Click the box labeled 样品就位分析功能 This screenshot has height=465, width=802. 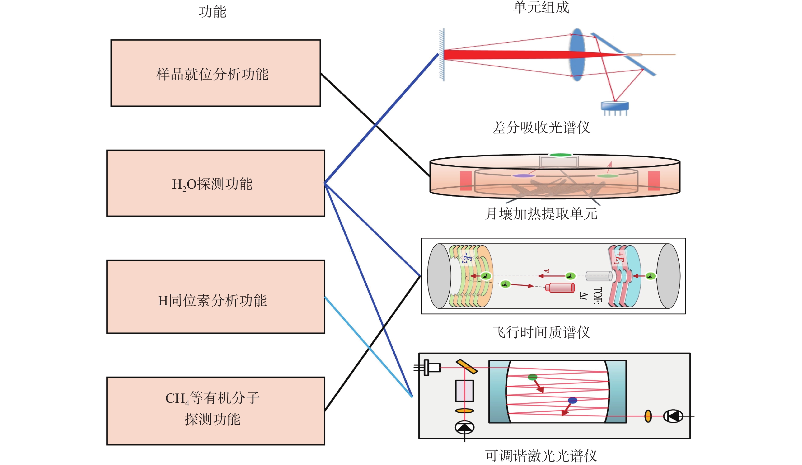pos(215,73)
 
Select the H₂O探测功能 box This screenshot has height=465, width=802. pos(215,183)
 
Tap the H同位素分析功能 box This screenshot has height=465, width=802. pos(215,300)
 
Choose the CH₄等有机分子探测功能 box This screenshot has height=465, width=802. pos(215,411)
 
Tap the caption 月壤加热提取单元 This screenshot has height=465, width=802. pos(541,214)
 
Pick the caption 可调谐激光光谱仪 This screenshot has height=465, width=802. pos(541,455)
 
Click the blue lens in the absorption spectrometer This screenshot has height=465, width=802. pos(577,55)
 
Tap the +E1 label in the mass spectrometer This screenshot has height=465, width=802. pos(619,258)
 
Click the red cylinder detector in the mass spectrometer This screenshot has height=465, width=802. pos(560,288)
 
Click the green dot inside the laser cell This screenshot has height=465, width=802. pos(532,377)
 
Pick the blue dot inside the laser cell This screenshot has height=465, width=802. pos(572,400)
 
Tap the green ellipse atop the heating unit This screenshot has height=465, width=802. pos(560,155)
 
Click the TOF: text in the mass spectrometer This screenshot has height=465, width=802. pos(597,296)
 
